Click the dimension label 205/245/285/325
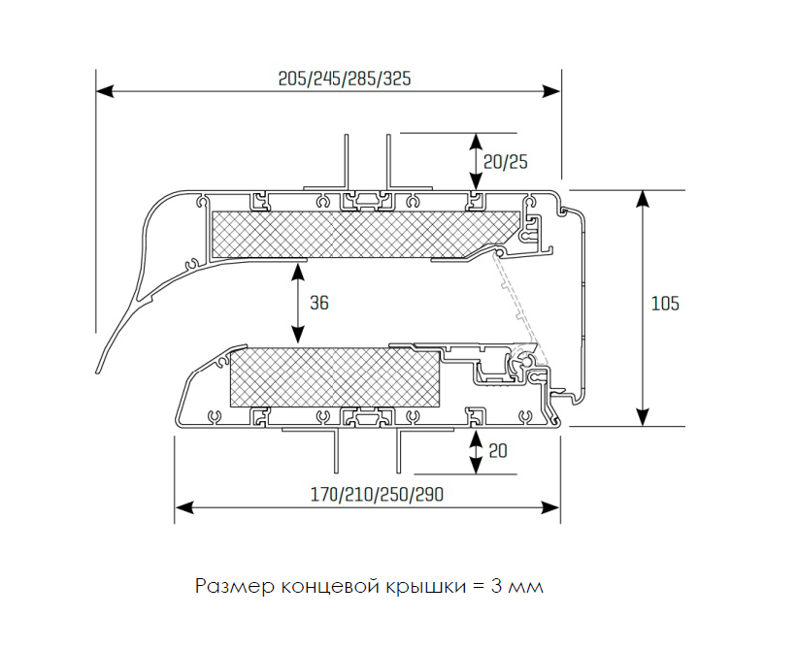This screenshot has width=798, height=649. coord(345,79)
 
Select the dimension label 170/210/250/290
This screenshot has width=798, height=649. coord(377,494)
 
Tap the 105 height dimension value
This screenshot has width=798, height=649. coord(665,304)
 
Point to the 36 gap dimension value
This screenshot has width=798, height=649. coord(319,303)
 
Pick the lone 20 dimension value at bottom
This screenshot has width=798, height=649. coord(498,451)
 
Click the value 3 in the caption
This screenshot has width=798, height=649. coord(497,587)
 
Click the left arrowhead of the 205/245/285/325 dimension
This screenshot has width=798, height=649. coord(104,91)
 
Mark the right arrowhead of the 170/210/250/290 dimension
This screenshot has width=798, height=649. coord(551,507)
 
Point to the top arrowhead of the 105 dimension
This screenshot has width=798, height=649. coord(644,198)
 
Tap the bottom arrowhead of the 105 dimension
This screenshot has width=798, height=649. coord(644,417)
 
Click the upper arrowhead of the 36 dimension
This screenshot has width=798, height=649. coord(297,272)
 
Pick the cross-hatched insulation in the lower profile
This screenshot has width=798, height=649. coord(335,378)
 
